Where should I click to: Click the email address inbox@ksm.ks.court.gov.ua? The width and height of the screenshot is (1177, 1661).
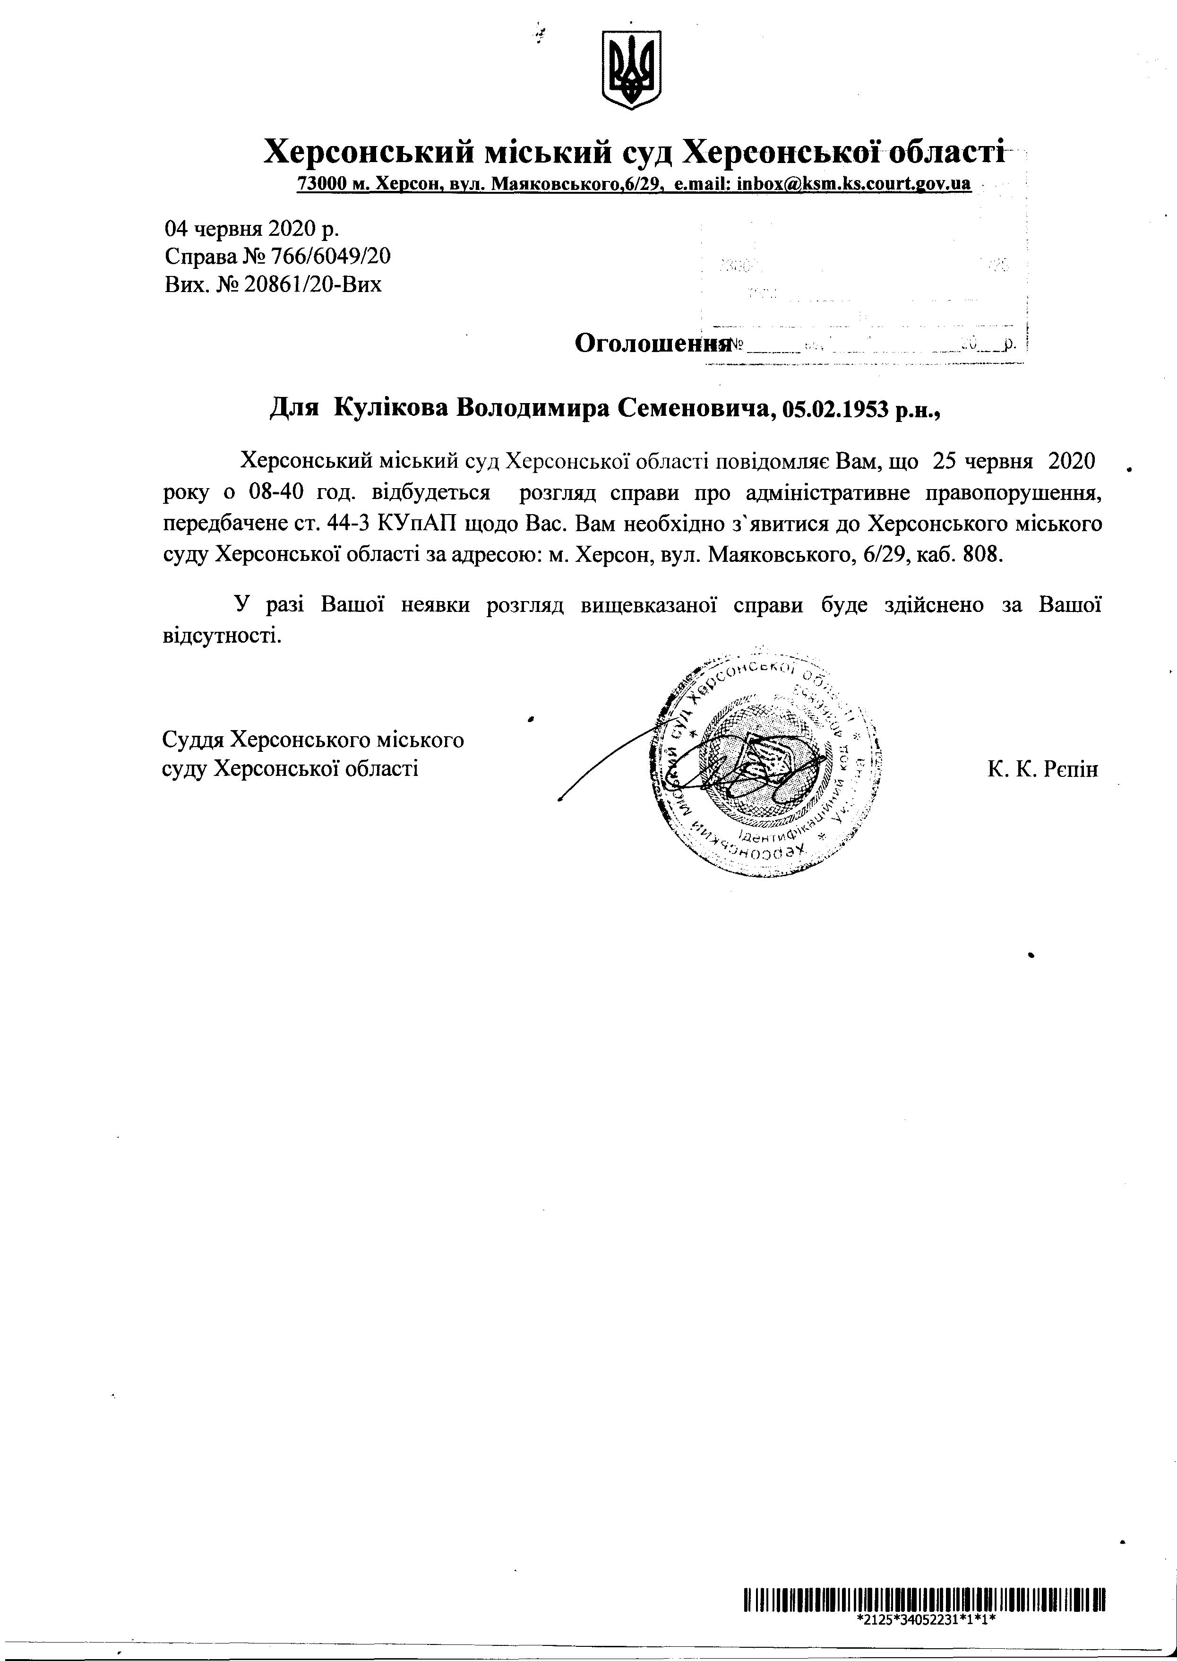pyautogui.click(x=853, y=183)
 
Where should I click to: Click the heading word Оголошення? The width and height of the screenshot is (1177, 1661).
pyautogui.click(x=651, y=343)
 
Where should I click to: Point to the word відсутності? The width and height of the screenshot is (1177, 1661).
pyautogui.click(x=221, y=636)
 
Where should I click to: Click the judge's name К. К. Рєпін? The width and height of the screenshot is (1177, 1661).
pyautogui.click(x=1042, y=769)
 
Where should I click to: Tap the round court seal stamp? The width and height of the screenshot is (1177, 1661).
pyautogui.click(x=768, y=761)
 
